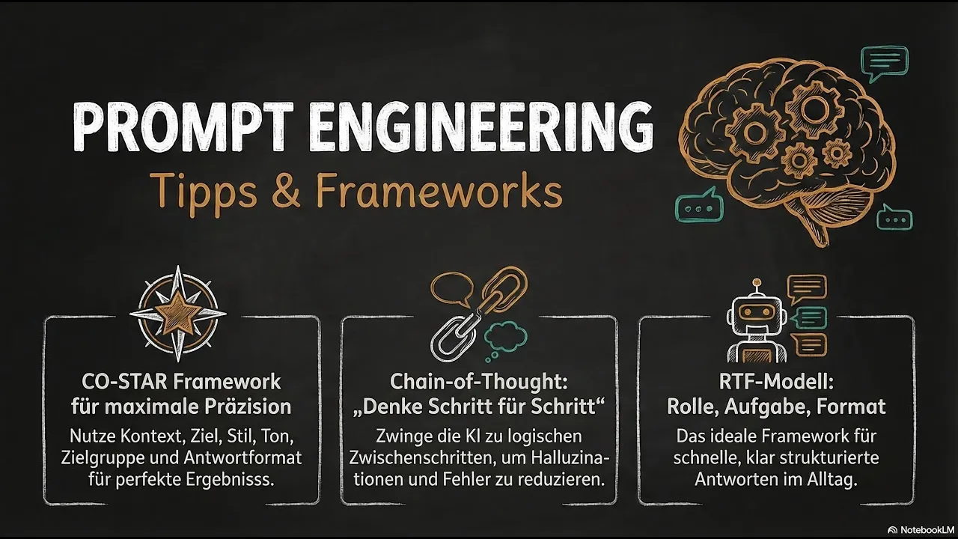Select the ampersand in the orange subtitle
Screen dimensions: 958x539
[285, 190]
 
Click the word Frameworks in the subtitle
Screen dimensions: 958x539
[439, 190]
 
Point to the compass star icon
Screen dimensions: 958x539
[178, 314]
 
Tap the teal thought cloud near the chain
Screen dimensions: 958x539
[504, 338]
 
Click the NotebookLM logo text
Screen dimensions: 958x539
[927, 529]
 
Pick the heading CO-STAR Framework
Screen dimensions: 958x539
[181, 382]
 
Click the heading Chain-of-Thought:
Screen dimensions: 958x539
[478, 382]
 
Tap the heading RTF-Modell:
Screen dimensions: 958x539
[776, 382]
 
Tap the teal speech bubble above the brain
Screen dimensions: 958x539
[885, 64]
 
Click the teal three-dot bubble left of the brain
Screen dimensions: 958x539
[699, 208]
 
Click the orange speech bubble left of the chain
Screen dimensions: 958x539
[452, 289]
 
